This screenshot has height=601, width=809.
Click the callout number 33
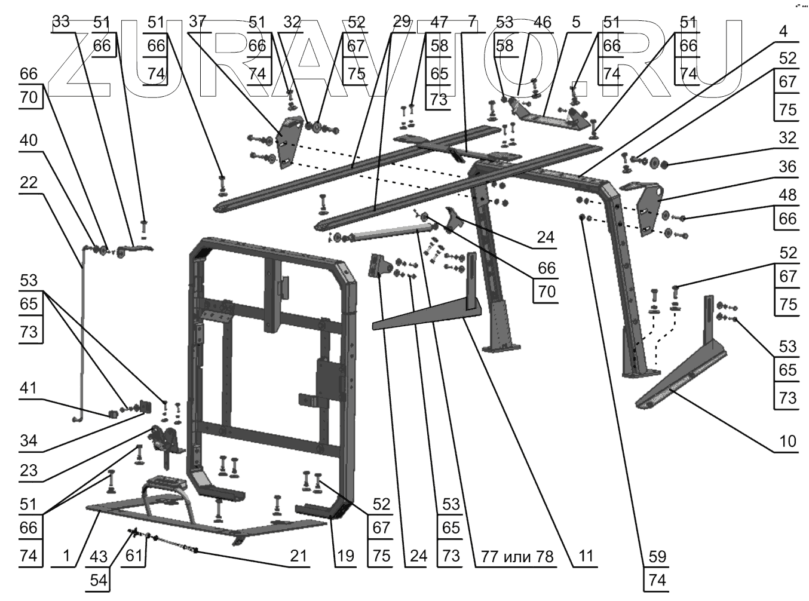(x=61, y=22)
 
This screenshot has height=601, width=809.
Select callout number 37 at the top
(x=198, y=22)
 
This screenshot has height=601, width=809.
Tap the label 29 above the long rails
(x=402, y=22)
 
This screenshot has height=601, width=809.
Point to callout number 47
(x=439, y=22)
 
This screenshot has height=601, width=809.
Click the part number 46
(x=542, y=22)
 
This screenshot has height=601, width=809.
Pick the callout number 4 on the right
(x=787, y=30)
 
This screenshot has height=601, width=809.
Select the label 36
(x=787, y=166)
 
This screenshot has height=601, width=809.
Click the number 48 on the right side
(x=787, y=195)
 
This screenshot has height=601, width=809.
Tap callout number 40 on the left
(x=29, y=140)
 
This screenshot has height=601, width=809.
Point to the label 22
(x=29, y=182)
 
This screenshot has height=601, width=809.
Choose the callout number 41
(x=29, y=388)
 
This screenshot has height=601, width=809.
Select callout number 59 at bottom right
(x=657, y=556)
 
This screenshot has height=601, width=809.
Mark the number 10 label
(x=787, y=441)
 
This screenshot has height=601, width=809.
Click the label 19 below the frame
(x=345, y=556)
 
